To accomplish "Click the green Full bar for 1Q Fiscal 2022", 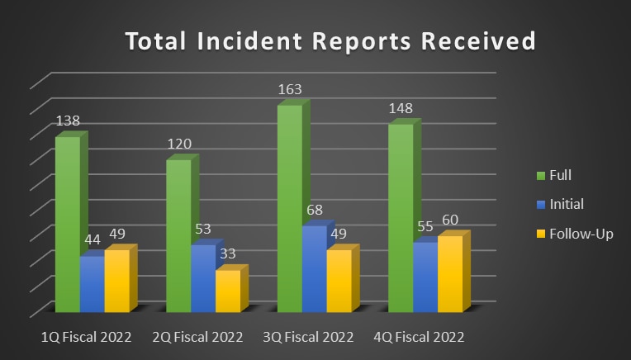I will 68,223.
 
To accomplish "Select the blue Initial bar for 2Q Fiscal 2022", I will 203,277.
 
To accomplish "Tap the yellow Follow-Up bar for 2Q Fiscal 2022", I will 228,291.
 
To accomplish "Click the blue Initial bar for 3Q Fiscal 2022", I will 314,268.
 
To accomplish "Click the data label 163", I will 289,89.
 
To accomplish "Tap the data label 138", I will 68,121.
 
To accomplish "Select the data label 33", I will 228,253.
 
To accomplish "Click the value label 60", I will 449,220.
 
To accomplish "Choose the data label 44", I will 92,240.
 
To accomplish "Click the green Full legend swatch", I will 541,175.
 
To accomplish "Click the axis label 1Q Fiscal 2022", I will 86,337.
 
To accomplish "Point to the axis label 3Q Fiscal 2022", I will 308,337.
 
